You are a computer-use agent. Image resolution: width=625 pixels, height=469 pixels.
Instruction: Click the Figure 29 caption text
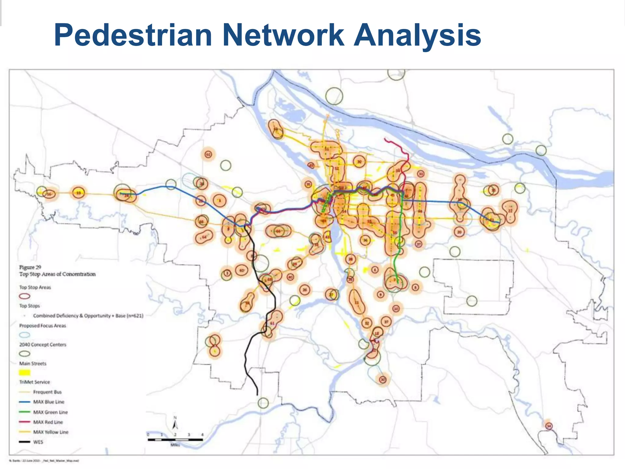click(x=30, y=267)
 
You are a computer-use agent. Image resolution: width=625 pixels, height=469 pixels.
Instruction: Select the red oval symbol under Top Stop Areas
click(x=25, y=296)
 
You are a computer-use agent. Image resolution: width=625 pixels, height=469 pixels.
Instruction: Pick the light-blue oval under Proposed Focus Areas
click(x=25, y=335)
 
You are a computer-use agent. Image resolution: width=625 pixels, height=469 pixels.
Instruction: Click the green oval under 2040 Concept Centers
click(x=25, y=354)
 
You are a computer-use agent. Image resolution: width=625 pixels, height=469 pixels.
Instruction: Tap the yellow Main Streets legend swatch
click(x=25, y=373)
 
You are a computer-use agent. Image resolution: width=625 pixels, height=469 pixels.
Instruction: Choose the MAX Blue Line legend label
click(x=49, y=402)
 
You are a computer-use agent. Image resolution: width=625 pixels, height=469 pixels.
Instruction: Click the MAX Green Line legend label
click(x=50, y=412)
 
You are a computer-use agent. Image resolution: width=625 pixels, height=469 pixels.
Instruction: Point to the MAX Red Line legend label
click(x=48, y=422)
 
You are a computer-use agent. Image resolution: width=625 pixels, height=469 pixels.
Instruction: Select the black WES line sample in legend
click(x=25, y=442)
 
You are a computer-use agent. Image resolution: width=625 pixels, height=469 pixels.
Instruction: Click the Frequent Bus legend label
click(x=47, y=392)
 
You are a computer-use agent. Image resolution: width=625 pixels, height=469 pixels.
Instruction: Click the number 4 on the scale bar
click(x=202, y=434)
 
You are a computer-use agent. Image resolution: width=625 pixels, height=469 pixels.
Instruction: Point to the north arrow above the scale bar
click(x=175, y=424)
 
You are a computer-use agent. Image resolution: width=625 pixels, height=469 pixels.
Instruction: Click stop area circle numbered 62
click(x=208, y=155)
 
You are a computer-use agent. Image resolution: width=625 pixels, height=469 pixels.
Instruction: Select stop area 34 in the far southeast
click(x=549, y=426)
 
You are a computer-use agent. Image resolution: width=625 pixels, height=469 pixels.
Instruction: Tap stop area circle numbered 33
click(x=421, y=174)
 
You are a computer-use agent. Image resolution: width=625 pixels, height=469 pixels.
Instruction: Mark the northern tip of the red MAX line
click(x=385, y=139)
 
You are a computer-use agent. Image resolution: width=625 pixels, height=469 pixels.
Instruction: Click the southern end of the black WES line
click(x=257, y=394)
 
